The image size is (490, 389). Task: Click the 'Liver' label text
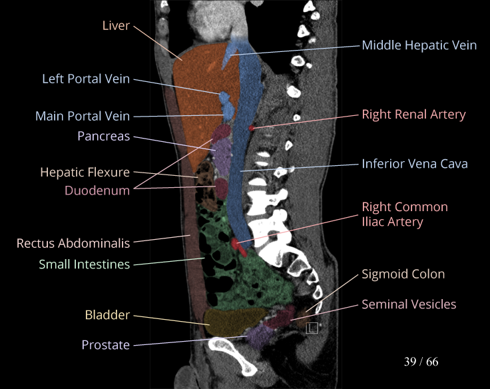(116, 26)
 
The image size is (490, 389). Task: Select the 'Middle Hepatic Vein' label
(419, 45)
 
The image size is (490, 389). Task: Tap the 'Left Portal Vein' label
(86, 79)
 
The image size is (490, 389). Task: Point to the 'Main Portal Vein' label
(83, 116)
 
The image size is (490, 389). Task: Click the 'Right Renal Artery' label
(413, 115)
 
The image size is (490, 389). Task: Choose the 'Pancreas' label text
(103, 136)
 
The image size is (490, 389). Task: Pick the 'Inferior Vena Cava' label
(414, 163)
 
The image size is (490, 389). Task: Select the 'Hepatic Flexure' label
(85, 172)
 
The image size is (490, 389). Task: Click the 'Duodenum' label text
(97, 190)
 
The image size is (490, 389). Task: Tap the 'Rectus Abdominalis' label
(73, 243)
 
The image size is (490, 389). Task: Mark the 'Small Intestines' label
(84, 264)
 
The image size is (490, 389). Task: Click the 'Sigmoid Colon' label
(403, 274)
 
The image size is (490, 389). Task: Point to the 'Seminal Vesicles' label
(409, 304)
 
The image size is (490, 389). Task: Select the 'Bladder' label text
(107, 314)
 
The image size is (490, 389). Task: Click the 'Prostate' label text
(105, 344)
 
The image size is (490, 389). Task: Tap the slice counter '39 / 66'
(421, 362)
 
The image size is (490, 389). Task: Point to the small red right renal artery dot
(251, 127)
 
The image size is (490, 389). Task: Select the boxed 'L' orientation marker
(312, 327)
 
